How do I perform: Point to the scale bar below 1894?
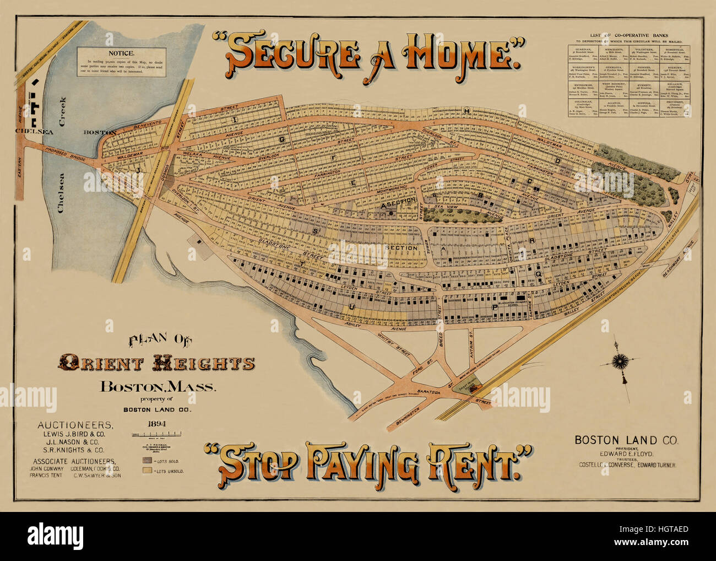tap(157, 435)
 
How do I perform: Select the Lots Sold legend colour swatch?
tap(148, 460)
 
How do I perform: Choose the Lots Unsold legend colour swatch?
tap(148, 471)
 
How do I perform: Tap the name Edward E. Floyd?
tap(626, 453)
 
